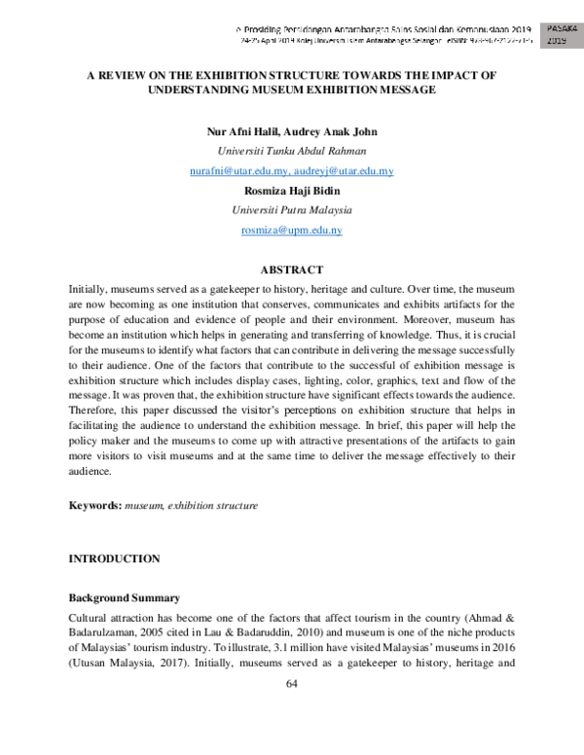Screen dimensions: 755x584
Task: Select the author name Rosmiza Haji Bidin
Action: pyautogui.click(x=291, y=191)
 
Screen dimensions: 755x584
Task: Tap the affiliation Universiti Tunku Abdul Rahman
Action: pyautogui.click(x=291, y=151)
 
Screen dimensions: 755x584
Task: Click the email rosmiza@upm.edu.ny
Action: pyautogui.click(x=291, y=230)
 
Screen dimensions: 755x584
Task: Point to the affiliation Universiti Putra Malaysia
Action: pyautogui.click(x=291, y=210)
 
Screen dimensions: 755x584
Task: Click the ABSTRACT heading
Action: pyautogui.click(x=291, y=270)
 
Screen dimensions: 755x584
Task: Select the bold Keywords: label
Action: pyautogui.click(x=93, y=506)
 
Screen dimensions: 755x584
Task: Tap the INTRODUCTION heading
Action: pyautogui.click(x=113, y=558)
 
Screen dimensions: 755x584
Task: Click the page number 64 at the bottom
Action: pyautogui.click(x=291, y=684)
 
